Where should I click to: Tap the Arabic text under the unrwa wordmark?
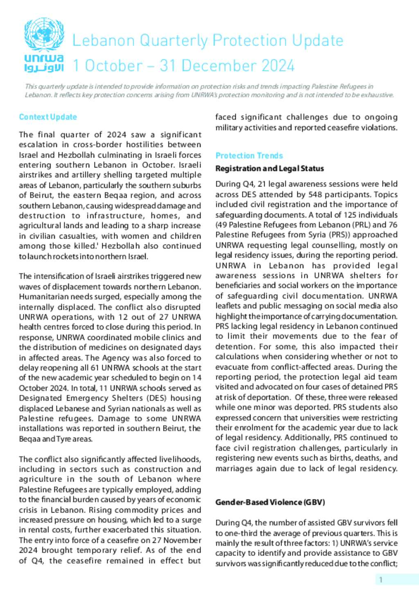pos(44,67)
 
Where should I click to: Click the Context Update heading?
pos(48,117)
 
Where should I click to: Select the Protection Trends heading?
pos(249,156)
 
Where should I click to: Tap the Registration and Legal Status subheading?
pos(270,168)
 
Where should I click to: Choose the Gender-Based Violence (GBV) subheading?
pos(270,502)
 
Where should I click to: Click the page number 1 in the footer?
pos(381,579)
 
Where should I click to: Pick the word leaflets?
pos(228,306)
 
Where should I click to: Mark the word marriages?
pos(234,468)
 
